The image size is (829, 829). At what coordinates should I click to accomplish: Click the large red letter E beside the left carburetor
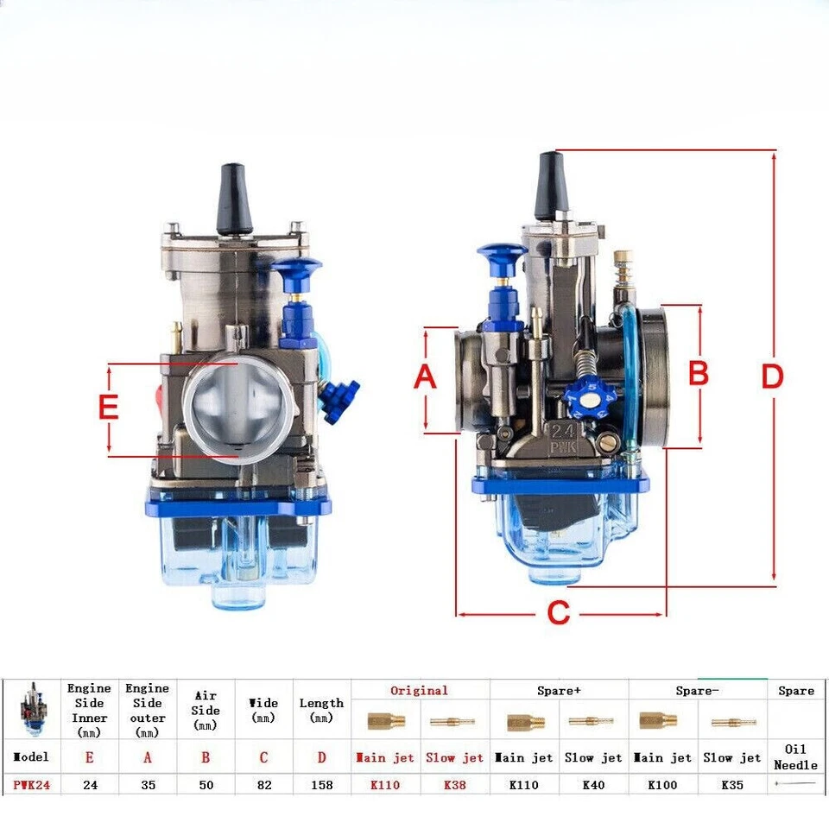[108, 407]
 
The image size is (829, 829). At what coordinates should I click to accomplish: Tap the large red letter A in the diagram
[425, 378]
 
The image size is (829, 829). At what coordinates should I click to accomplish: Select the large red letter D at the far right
[771, 377]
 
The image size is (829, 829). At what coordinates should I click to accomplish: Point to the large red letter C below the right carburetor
[559, 613]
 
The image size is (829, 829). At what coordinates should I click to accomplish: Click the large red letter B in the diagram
[698, 374]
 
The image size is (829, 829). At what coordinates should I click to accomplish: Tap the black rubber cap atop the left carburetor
[234, 200]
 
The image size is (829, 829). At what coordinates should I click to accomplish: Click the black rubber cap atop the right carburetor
[551, 186]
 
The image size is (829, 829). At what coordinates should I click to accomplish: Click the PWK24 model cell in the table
[32, 786]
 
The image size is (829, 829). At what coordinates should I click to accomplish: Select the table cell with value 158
[321, 786]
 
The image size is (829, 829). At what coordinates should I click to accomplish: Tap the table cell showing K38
[454, 786]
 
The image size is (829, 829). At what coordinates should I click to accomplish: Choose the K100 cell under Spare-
[662, 786]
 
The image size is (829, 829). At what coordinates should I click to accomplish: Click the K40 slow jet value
[593, 786]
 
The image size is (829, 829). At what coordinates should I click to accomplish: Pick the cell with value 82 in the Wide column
[263, 786]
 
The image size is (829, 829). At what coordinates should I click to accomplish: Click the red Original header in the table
[420, 691]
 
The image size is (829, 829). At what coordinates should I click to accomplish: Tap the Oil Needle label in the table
[795, 757]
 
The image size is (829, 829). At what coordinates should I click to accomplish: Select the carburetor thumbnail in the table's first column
[32, 708]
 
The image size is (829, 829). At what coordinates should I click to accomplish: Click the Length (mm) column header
[321, 710]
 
